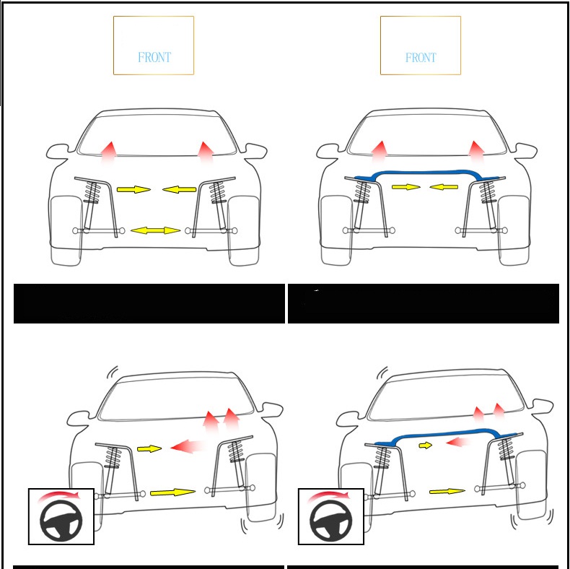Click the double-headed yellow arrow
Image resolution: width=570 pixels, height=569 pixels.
tap(155, 230)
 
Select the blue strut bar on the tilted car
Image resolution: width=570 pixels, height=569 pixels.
tap(447, 434)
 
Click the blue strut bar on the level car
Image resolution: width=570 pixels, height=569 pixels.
tap(426, 173)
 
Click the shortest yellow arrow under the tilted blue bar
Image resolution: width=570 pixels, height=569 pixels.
tap(425, 446)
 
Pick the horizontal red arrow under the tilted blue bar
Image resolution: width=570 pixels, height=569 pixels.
tap(457, 443)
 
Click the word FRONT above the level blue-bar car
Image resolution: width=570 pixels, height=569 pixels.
tap(421, 58)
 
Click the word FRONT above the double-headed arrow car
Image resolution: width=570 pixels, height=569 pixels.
tap(154, 57)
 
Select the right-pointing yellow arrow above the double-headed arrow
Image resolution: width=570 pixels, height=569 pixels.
tap(133, 189)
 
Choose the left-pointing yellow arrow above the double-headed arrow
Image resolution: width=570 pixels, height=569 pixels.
tap(179, 189)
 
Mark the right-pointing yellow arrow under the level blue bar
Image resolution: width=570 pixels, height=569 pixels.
tap(406, 187)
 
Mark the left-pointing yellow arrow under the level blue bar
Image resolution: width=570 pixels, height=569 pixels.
tap(444, 187)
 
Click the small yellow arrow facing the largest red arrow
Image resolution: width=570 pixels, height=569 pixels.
tap(149, 449)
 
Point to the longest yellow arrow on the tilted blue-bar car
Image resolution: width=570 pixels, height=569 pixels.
tap(447, 492)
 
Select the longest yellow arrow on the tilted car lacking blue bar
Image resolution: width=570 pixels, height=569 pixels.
tap(172, 492)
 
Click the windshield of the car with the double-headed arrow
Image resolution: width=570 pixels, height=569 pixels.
tap(157, 134)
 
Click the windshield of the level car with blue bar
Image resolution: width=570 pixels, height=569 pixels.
tap(427, 134)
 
